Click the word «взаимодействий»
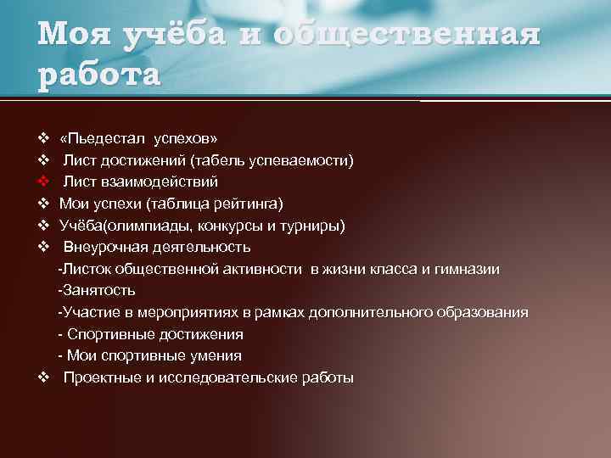pos(160,182)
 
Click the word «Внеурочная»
pos(106,248)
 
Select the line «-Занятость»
pos(91,291)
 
